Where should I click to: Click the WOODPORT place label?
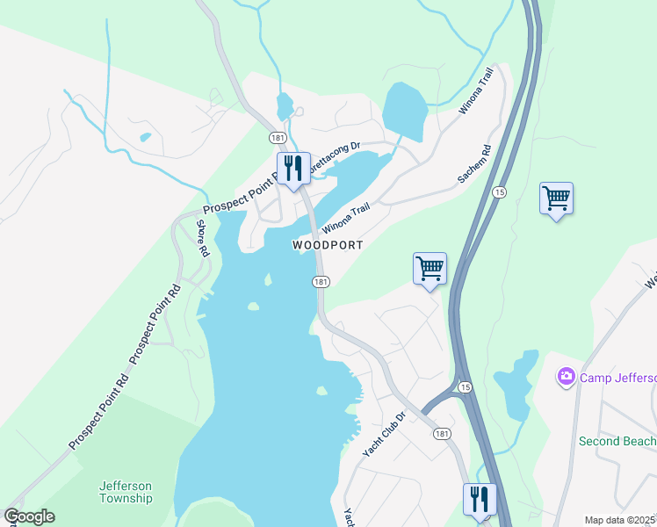coord(327,245)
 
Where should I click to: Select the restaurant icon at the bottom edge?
coord(480,499)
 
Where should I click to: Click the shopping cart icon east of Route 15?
coord(556,199)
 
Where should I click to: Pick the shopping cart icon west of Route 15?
coord(430,268)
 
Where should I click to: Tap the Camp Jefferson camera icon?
coord(566,377)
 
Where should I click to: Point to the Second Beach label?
coord(617,441)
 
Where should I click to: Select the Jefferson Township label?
coord(126,492)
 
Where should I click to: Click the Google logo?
coord(29,516)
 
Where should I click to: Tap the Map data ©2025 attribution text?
coord(619,520)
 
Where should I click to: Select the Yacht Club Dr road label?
coord(385,435)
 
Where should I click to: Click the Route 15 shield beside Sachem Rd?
coord(499,191)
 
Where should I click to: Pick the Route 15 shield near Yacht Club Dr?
coord(465,387)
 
